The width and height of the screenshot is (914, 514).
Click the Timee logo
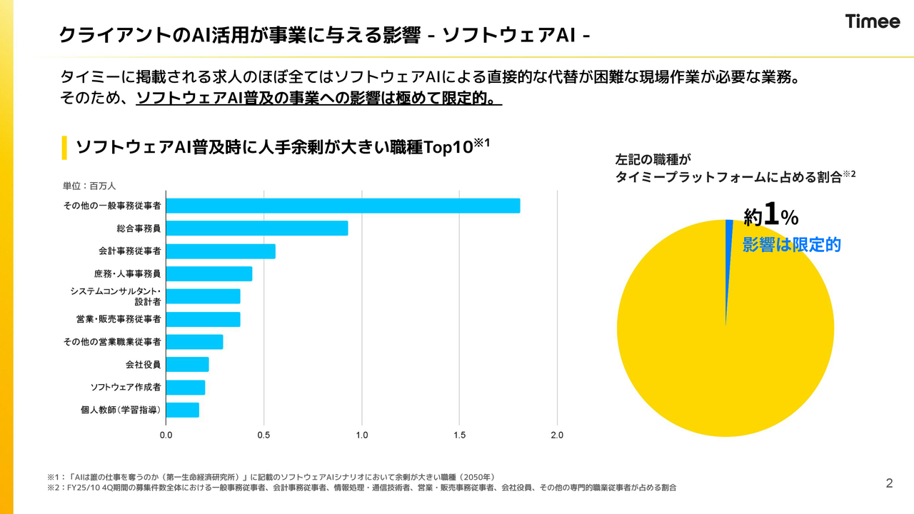(x=873, y=21)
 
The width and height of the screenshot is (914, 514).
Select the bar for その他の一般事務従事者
(x=343, y=206)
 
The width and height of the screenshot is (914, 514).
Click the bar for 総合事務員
(x=257, y=228)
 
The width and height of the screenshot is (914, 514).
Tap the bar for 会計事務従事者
(x=221, y=251)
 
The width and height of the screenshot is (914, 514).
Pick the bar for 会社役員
(x=187, y=365)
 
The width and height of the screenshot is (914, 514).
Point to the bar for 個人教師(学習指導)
(x=182, y=410)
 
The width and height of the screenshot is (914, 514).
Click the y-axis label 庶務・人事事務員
(x=127, y=273)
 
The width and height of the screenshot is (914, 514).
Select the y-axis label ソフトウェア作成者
(x=126, y=387)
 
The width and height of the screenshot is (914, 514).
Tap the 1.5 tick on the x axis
(x=459, y=435)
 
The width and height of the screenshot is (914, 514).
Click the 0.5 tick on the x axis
(x=263, y=435)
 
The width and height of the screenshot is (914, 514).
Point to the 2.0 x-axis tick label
(x=557, y=435)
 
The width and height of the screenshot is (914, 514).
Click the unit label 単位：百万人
(x=89, y=186)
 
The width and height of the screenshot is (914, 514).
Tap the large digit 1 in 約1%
(x=770, y=213)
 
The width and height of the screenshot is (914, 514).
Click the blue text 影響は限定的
(x=792, y=245)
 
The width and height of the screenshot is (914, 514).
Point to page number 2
(x=889, y=483)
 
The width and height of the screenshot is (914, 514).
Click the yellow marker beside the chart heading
(x=65, y=147)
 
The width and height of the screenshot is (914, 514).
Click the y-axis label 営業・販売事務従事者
(x=119, y=319)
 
